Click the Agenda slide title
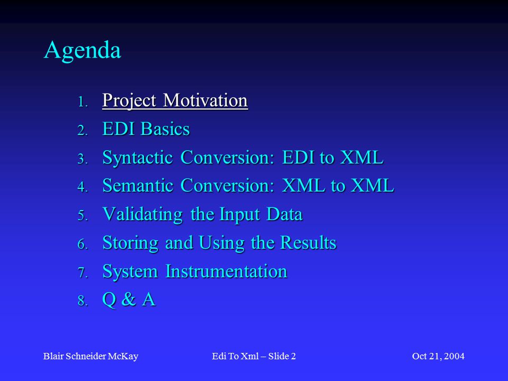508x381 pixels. click(x=83, y=51)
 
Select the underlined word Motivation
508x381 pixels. click(x=205, y=100)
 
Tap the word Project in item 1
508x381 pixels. click(x=129, y=101)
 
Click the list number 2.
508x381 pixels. click(x=83, y=131)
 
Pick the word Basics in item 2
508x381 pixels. click(x=165, y=129)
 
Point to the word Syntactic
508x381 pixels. click(x=138, y=158)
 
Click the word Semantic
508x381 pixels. click(x=138, y=186)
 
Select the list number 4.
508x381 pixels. click(x=83, y=187)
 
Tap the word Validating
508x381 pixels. click(x=142, y=215)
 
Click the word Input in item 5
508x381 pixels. click(x=240, y=215)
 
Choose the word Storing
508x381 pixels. click(x=130, y=243)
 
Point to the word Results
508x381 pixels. click(x=308, y=243)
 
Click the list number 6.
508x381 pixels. click(x=83, y=244)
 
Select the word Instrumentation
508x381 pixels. click(x=226, y=271)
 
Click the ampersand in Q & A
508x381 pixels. click(x=129, y=300)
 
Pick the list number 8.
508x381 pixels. click(x=83, y=301)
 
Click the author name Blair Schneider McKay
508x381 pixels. click(x=90, y=356)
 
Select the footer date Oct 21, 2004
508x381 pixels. click(x=438, y=356)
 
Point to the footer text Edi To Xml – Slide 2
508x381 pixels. click(x=253, y=356)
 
